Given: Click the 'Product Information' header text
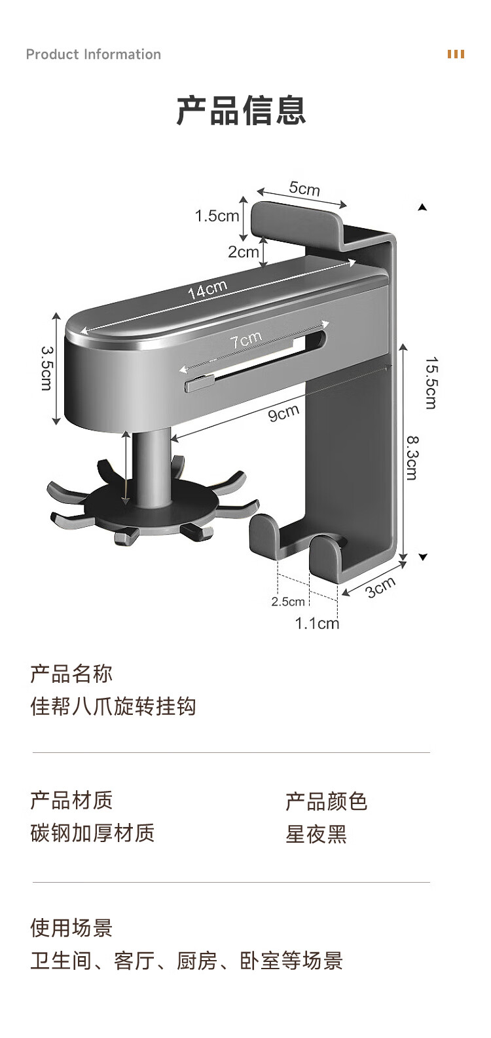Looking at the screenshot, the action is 94,54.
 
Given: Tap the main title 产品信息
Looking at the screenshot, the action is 241,111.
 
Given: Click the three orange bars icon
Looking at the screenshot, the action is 456,54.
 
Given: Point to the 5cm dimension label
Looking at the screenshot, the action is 304,188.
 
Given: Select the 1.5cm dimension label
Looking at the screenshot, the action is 217,216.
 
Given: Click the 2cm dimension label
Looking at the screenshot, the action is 244,252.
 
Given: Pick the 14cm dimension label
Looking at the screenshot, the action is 208,289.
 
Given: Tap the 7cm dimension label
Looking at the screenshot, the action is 246,339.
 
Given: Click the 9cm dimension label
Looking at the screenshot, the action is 283,412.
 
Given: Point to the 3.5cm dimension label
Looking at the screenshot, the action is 47,368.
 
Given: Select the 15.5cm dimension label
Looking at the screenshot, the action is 431,383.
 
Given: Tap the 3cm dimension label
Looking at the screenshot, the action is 380,587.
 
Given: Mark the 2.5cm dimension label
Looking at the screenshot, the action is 288,602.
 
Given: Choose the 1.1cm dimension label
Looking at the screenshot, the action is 317,623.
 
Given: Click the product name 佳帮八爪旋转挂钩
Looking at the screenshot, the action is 113,706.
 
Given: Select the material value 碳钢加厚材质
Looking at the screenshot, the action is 92,833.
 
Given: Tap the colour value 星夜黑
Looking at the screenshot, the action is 316,834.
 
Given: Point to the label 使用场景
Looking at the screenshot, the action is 71,928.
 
